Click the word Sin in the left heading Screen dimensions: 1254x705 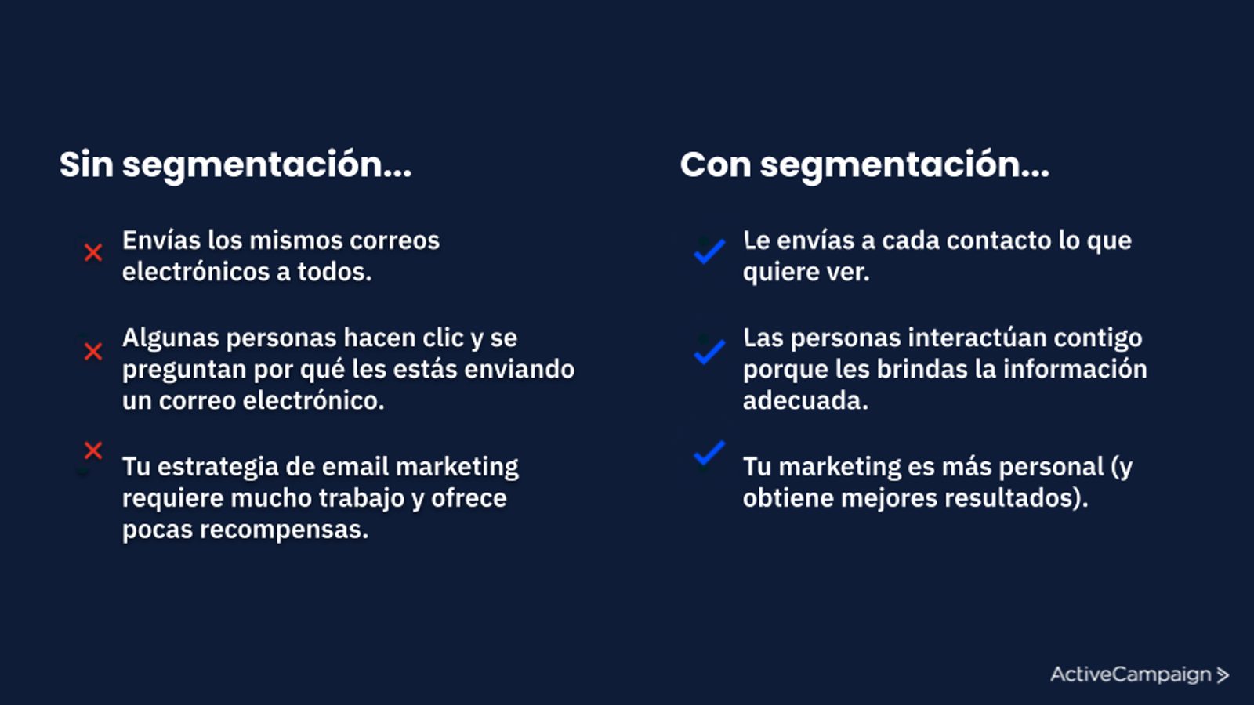87,164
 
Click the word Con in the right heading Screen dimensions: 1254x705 716,164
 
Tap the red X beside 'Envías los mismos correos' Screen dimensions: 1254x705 93,252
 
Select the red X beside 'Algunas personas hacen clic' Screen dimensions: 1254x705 93,352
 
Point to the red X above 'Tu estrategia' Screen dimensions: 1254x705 93,450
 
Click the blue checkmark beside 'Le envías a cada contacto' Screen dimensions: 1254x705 709,251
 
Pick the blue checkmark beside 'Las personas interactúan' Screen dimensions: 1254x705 709,352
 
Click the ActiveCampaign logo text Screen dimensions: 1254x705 1131,674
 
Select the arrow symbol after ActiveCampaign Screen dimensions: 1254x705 1223,675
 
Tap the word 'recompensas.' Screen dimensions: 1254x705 285,530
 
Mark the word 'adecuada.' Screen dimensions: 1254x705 806,400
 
